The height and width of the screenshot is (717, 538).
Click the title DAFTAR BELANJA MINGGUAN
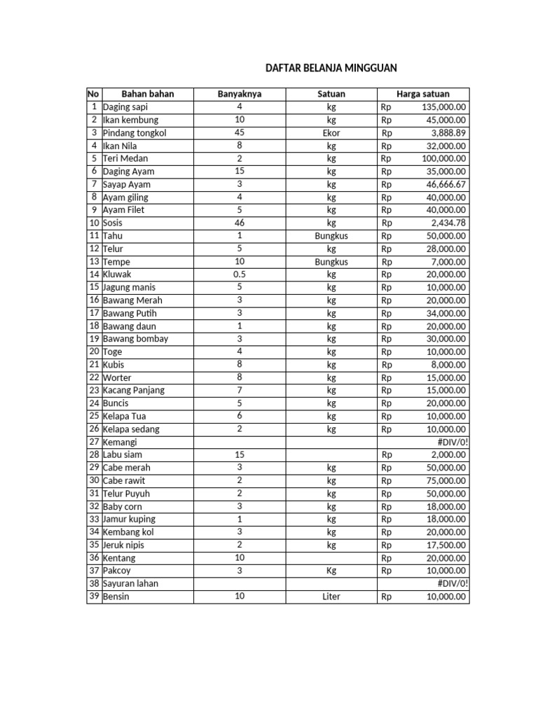(331, 68)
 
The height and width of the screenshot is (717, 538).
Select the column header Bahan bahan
(147, 94)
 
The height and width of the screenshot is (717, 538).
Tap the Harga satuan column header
(423, 94)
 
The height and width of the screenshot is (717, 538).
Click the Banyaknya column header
(239, 94)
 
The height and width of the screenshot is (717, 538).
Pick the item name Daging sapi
(125, 107)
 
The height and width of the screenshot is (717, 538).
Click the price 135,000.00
(444, 107)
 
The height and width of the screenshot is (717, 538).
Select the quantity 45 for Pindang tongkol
(239, 133)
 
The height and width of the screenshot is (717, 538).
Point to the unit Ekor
(331, 133)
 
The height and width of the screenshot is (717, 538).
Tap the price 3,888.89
(448, 133)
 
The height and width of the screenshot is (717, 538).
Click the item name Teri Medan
(125, 158)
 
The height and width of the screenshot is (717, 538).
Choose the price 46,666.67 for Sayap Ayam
(446, 184)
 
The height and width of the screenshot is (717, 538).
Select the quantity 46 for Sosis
(239, 223)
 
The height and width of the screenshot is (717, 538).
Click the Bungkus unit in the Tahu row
(331, 236)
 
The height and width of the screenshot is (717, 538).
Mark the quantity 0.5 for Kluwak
(239, 274)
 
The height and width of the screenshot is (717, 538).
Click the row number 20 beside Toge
(94, 351)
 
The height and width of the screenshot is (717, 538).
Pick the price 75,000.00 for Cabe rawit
(446, 480)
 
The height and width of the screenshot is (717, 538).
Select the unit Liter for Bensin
(331, 597)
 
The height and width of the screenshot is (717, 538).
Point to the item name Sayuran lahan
(130, 583)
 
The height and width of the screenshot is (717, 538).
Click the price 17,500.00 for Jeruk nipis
(446, 545)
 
